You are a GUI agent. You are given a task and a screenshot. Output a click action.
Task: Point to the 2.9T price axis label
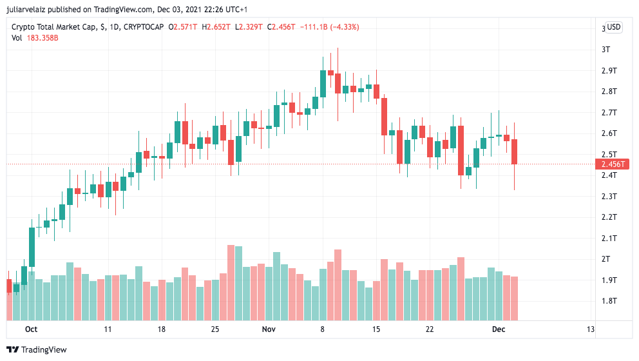pyautogui.click(x=609, y=70)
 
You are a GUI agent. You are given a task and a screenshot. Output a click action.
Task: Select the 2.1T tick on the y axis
pyautogui.click(x=609, y=239)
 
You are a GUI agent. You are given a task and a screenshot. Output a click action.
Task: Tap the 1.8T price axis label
pyautogui.click(x=609, y=301)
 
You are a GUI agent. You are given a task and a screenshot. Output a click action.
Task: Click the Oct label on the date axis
pyautogui.click(x=31, y=329)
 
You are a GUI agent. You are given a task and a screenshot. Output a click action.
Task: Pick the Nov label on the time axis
pyautogui.click(x=269, y=329)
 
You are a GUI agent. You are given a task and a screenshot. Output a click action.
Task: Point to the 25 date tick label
pyautogui.click(x=215, y=329)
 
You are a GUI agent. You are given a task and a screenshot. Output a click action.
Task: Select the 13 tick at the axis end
pyautogui.click(x=590, y=329)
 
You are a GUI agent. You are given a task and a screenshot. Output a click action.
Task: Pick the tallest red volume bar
pyautogui.click(x=231, y=282)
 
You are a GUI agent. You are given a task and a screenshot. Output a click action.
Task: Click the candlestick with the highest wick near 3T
pyautogui.click(x=338, y=84)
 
